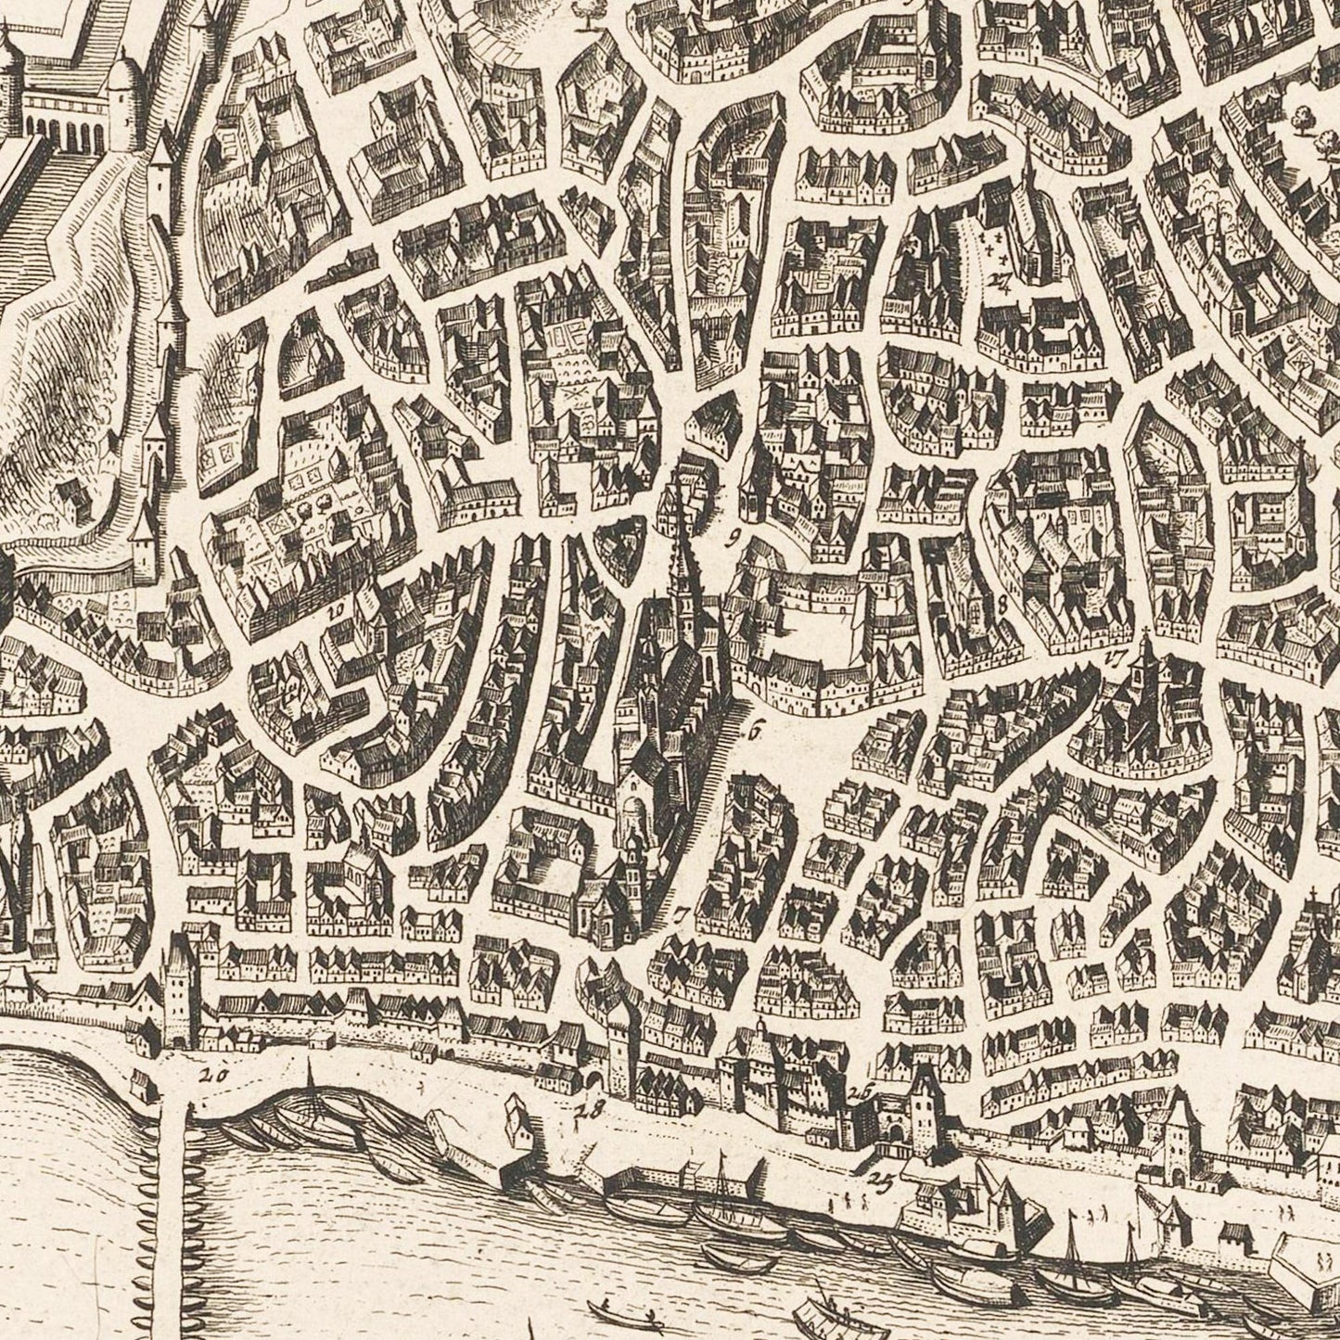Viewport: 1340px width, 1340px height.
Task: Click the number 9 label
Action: pos(733,535)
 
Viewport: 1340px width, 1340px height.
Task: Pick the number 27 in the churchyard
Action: pos(999,283)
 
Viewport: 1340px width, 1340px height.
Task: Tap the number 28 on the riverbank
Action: pos(590,1107)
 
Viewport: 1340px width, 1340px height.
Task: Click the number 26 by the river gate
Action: pos(861,1092)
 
